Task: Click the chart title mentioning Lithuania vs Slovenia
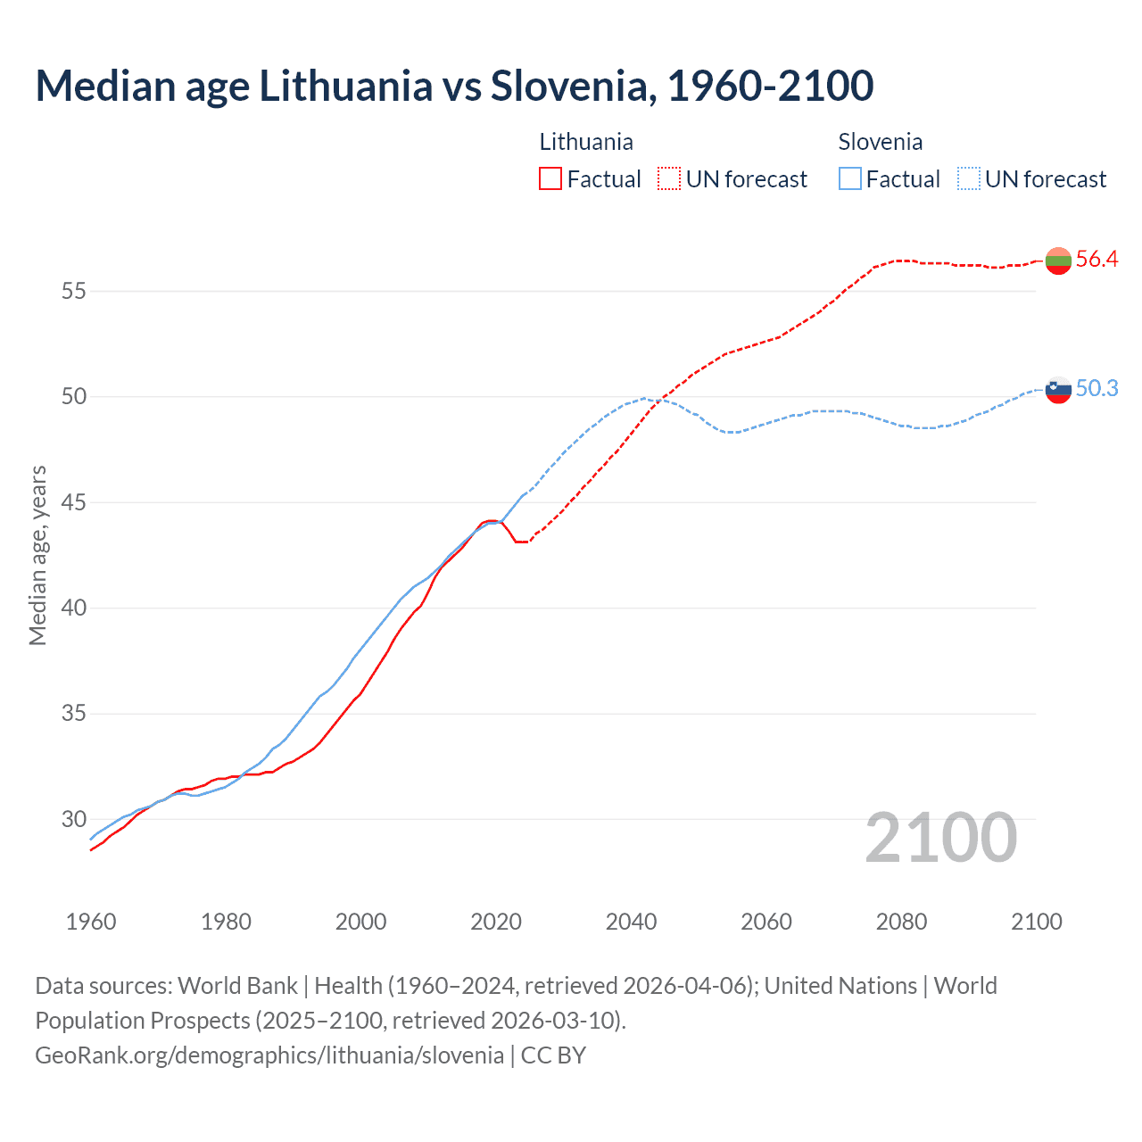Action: coord(454,86)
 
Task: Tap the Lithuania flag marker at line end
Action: coord(1058,261)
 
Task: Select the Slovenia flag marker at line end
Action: coord(1058,389)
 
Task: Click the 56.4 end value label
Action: coord(1096,260)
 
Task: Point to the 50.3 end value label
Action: coord(1096,388)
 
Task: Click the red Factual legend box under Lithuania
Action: coord(550,179)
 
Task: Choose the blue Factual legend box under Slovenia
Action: coord(850,179)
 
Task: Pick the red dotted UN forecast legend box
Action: coord(669,179)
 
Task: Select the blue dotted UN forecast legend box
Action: coord(969,179)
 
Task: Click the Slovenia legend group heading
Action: coord(880,142)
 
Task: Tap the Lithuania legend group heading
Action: coord(586,142)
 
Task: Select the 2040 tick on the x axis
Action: coord(631,922)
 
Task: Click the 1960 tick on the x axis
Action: coord(91,922)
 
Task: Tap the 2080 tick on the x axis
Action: coord(901,922)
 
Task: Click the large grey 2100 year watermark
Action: coord(940,837)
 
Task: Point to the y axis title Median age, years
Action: coord(37,555)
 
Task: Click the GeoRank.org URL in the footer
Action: coord(269,1055)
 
